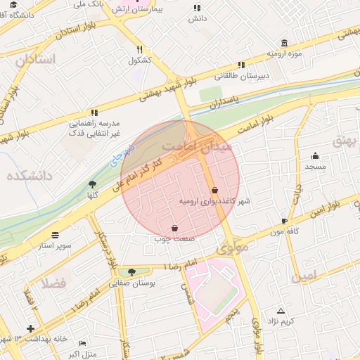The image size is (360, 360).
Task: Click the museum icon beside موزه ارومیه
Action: click(x=284, y=43)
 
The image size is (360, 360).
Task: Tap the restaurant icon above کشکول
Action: click(x=141, y=49)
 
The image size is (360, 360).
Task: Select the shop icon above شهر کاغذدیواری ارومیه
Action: click(x=214, y=191)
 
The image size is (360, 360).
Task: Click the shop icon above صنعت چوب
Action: click(x=174, y=229)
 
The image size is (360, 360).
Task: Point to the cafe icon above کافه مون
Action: click(x=284, y=221)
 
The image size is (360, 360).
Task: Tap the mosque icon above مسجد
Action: click(x=315, y=156)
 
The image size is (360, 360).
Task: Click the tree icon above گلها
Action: click(x=92, y=184)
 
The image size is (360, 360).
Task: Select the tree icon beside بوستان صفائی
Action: click(x=131, y=273)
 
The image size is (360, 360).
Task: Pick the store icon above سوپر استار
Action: click(x=56, y=235)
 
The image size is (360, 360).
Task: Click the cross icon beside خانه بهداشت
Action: click(x=30, y=328)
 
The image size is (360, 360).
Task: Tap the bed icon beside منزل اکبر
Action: click(x=83, y=343)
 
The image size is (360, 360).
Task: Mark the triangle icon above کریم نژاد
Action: click(x=281, y=310)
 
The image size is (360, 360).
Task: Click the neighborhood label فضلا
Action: click(x=53, y=282)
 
